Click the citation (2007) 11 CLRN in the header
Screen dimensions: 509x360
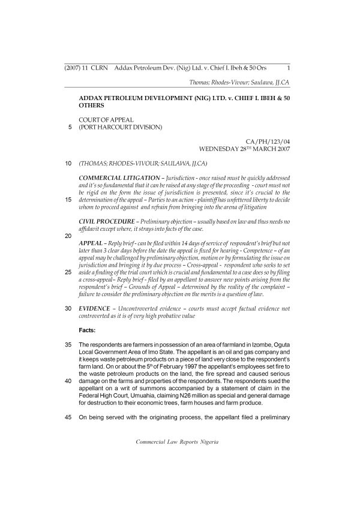(x=85, y=68)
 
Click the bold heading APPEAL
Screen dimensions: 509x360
(x=91, y=243)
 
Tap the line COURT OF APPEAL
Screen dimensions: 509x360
(x=106, y=120)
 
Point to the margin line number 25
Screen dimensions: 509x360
(x=68, y=272)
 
